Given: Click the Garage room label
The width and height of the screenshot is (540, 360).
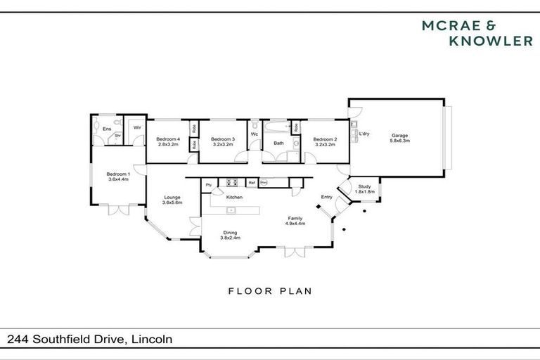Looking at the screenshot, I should click(x=399, y=135).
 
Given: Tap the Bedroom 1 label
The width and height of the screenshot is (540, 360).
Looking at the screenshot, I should click(x=117, y=174).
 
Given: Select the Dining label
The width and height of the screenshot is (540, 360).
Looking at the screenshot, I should click(x=230, y=233).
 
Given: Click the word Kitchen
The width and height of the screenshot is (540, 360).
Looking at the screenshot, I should click(x=234, y=197).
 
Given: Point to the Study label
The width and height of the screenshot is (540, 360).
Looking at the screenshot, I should click(x=364, y=186).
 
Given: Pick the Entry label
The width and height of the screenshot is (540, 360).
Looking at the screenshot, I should click(x=327, y=197).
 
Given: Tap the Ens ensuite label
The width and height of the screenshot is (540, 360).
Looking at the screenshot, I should click(x=107, y=129).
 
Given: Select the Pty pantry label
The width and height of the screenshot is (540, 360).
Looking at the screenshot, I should click(x=209, y=185).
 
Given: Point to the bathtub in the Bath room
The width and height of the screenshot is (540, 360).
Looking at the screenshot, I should click(x=278, y=127).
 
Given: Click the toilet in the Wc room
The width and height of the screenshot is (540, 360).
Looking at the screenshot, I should click(x=255, y=127).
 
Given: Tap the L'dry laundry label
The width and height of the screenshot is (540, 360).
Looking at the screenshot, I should click(x=364, y=134).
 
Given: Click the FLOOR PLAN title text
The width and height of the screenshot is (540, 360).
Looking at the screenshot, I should click(x=270, y=290).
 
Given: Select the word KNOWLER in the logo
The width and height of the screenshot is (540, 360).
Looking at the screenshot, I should click(x=490, y=41).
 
